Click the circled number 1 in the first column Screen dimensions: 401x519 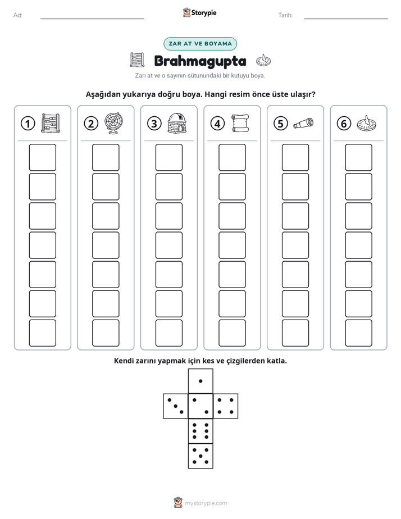click(28, 124)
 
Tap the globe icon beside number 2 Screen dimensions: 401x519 click(113, 124)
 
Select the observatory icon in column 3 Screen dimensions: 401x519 click(177, 123)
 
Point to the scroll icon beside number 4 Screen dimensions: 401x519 click(240, 123)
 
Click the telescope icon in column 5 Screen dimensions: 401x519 click(303, 123)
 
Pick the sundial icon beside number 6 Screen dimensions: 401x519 click(367, 123)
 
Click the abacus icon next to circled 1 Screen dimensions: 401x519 click(51, 123)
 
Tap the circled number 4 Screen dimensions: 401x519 click(217, 124)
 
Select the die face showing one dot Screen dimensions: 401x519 click(200, 381)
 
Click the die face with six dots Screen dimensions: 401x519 click(200, 431)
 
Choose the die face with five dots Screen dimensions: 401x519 click(200, 456)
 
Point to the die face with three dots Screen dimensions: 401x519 click(176, 406)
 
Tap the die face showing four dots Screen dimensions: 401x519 click(226, 406)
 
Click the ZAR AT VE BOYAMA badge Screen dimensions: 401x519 click(200, 44)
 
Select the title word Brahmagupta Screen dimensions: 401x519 click(200, 61)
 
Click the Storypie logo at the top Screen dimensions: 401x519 click(199, 12)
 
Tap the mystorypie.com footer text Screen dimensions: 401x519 click(206, 503)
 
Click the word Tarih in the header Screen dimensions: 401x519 click(285, 15)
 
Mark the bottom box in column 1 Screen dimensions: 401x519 click(42, 333)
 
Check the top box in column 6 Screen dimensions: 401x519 click(358, 157)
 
